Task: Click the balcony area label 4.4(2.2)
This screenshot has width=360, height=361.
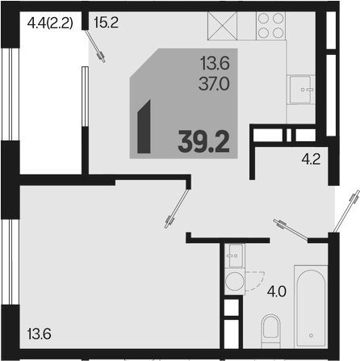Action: (x=50, y=23)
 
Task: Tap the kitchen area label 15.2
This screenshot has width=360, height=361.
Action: (x=106, y=23)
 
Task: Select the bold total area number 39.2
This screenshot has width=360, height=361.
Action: (x=203, y=142)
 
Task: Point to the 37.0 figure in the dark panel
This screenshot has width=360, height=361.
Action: (x=214, y=84)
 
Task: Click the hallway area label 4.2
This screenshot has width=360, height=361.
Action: (x=311, y=160)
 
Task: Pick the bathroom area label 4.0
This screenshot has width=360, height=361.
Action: (x=277, y=292)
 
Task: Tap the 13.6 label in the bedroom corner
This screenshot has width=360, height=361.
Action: (x=40, y=334)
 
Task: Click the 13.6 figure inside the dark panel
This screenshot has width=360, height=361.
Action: (x=215, y=64)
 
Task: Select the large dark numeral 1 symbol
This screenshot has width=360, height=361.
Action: (x=144, y=127)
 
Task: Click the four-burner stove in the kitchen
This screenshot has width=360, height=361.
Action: (x=270, y=26)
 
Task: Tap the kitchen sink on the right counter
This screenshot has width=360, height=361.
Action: (x=301, y=90)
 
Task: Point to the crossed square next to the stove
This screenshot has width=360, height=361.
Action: (x=222, y=26)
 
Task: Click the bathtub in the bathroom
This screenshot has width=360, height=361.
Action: (x=311, y=306)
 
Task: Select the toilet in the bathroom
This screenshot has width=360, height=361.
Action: (x=270, y=331)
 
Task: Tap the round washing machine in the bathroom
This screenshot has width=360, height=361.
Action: (x=234, y=281)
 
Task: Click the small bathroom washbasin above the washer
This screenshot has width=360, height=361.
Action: (x=234, y=255)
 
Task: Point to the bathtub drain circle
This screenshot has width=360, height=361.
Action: (x=312, y=335)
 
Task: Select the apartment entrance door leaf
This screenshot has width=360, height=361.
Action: (x=346, y=211)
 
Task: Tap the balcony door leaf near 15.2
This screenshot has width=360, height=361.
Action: (x=94, y=46)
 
